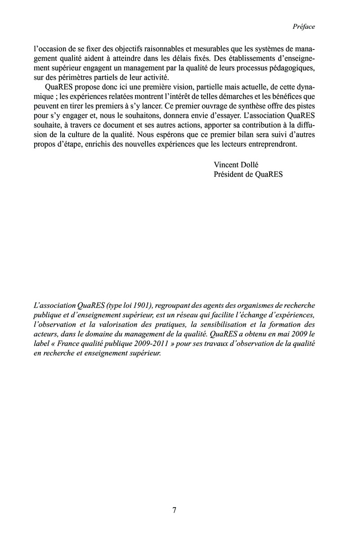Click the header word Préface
tap(303, 27)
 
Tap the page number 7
tap(175, 510)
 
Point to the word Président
tap(230, 175)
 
